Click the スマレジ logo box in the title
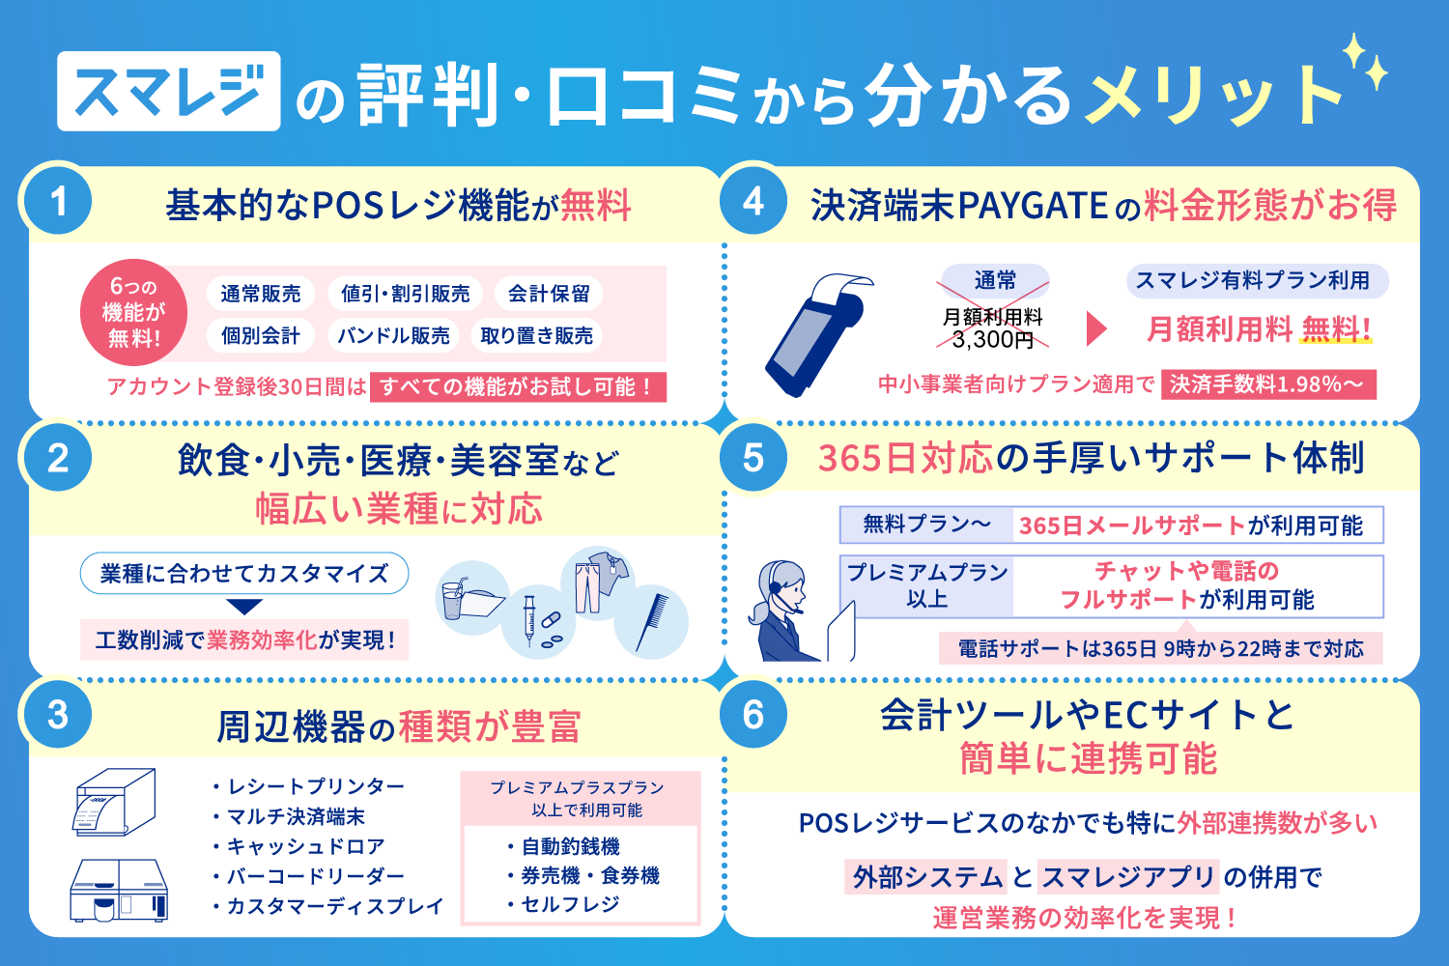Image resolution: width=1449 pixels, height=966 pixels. [x=169, y=91]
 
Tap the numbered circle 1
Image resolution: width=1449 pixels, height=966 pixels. [x=58, y=201]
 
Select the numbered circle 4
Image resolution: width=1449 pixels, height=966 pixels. [x=753, y=201]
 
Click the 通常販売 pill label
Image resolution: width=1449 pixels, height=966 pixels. [x=261, y=294]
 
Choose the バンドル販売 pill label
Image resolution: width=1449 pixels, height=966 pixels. [x=393, y=335]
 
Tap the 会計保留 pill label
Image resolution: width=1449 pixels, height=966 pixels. [x=549, y=294]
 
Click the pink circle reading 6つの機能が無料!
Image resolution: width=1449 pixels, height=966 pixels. [x=134, y=313]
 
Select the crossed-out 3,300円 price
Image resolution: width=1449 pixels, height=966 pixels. [x=992, y=339]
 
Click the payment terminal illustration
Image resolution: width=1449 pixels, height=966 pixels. [x=818, y=334]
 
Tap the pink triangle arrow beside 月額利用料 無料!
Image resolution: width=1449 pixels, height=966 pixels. [x=1095, y=328]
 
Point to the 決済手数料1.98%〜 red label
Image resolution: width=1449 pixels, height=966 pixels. [x=1267, y=384]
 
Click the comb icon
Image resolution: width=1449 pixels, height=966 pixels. [x=652, y=622]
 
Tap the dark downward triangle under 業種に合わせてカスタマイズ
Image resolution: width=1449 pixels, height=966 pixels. [x=244, y=607]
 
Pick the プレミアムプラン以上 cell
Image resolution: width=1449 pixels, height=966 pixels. [x=927, y=585]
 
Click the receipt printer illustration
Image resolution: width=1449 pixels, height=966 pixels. [x=115, y=803]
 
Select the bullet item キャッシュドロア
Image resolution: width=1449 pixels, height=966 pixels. [x=299, y=846]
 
